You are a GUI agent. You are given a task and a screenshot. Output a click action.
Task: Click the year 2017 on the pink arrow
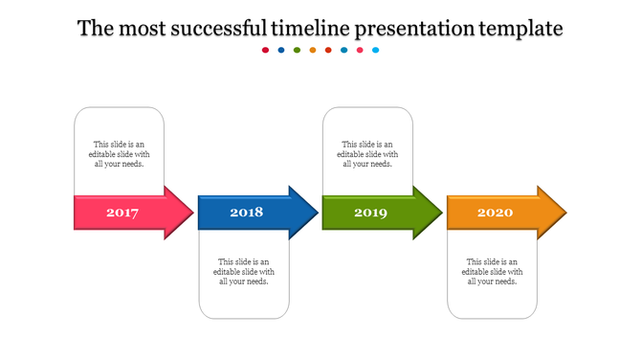pyautogui.click(x=122, y=213)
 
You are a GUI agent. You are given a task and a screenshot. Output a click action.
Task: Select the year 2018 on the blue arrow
pyautogui.click(x=246, y=213)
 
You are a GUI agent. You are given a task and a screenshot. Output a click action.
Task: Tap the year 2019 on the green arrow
pyautogui.click(x=370, y=213)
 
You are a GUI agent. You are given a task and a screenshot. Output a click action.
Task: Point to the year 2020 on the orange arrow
pyautogui.click(x=495, y=213)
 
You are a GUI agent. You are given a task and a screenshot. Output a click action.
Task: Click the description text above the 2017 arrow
pyautogui.click(x=120, y=154)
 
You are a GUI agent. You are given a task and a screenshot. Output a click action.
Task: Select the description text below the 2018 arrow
pyautogui.click(x=244, y=271)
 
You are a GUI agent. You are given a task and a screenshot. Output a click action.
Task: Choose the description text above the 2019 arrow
pyautogui.click(x=368, y=154)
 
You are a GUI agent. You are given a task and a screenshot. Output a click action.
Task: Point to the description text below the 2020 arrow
pyautogui.click(x=493, y=271)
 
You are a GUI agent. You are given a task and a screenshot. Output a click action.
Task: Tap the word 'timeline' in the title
pyautogui.click(x=310, y=29)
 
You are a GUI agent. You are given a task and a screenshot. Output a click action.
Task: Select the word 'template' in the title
pyautogui.click(x=520, y=29)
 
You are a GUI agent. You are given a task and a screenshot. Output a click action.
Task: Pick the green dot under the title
pyautogui.click(x=297, y=50)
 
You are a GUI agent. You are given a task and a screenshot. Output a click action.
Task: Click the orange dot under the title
pyautogui.click(x=313, y=50)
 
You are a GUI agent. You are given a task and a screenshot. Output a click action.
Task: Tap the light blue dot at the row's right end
pyautogui.click(x=376, y=50)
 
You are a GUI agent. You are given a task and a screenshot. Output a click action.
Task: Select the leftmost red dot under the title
pyautogui.click(x=266, y=50)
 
